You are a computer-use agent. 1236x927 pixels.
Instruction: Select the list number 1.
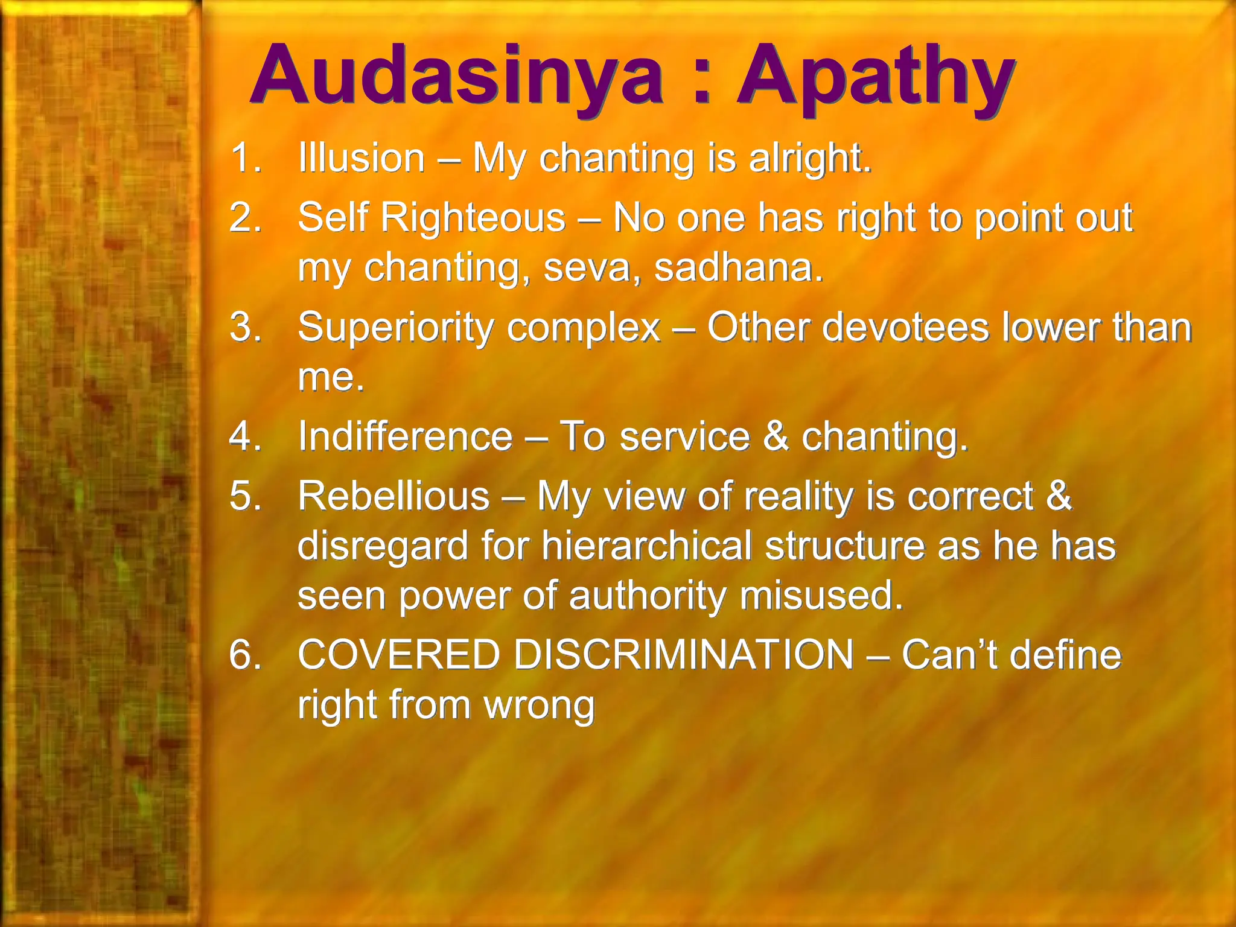click(x=245, y=158)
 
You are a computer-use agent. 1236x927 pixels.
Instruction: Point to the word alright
click(x=810, y=158)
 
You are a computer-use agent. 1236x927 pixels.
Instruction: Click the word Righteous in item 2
click(x=473, y=217)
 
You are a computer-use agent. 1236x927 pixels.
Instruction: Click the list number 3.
click(x=245, y=327)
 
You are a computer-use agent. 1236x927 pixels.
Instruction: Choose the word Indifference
click(x=405, y=436)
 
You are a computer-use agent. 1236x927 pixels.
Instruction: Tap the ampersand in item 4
click(x=776, y=436)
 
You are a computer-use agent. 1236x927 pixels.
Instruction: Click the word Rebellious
click(x=393, y=496)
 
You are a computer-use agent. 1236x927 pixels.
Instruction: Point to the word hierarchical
click(x=646, y=546)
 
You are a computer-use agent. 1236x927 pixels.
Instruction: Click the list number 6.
click(x=245, y=654)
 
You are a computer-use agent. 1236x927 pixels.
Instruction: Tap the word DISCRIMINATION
click(x=684, y=654)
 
